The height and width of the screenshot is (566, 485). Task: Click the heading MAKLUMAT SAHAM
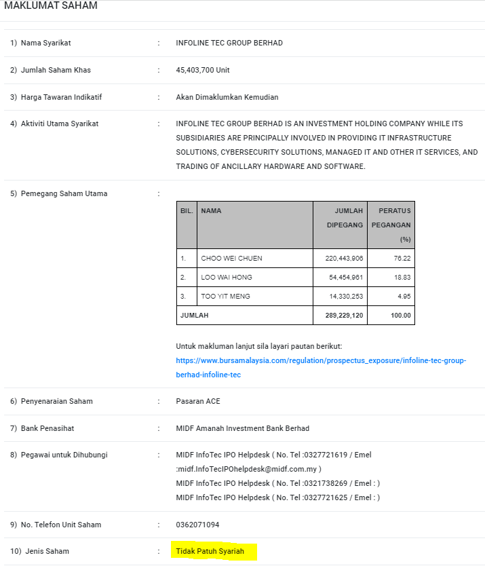click(x=51, y=6)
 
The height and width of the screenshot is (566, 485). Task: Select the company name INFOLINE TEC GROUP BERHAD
click(x=229, y=43)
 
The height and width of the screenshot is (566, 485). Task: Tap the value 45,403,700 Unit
click(x=203, y=70)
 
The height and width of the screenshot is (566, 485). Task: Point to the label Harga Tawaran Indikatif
click(x=61, y=97)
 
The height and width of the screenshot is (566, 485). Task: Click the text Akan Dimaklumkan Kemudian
click(x=227, y=97)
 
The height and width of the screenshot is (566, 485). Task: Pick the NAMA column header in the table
click(x=211, y=211)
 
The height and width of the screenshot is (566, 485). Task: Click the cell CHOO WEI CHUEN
click(x=231, y=259)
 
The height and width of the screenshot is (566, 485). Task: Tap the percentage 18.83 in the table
click(x=402, y=278)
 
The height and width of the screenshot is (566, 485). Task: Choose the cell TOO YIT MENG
click(x=225, y=297)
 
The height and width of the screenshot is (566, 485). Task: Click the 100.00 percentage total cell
click(x=400, y=316)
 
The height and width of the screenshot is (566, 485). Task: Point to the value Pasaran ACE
click(x=198, y=401)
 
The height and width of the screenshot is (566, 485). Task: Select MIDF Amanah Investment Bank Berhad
click(x=242, y=428)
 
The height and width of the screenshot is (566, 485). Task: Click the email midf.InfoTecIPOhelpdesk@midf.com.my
click(x=250, y=469)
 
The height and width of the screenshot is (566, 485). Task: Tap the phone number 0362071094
click(x=197, y=525)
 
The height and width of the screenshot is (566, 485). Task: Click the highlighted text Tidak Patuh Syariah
click(x=210, y=552)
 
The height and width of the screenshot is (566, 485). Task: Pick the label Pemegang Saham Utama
click(x=64, y=193)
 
